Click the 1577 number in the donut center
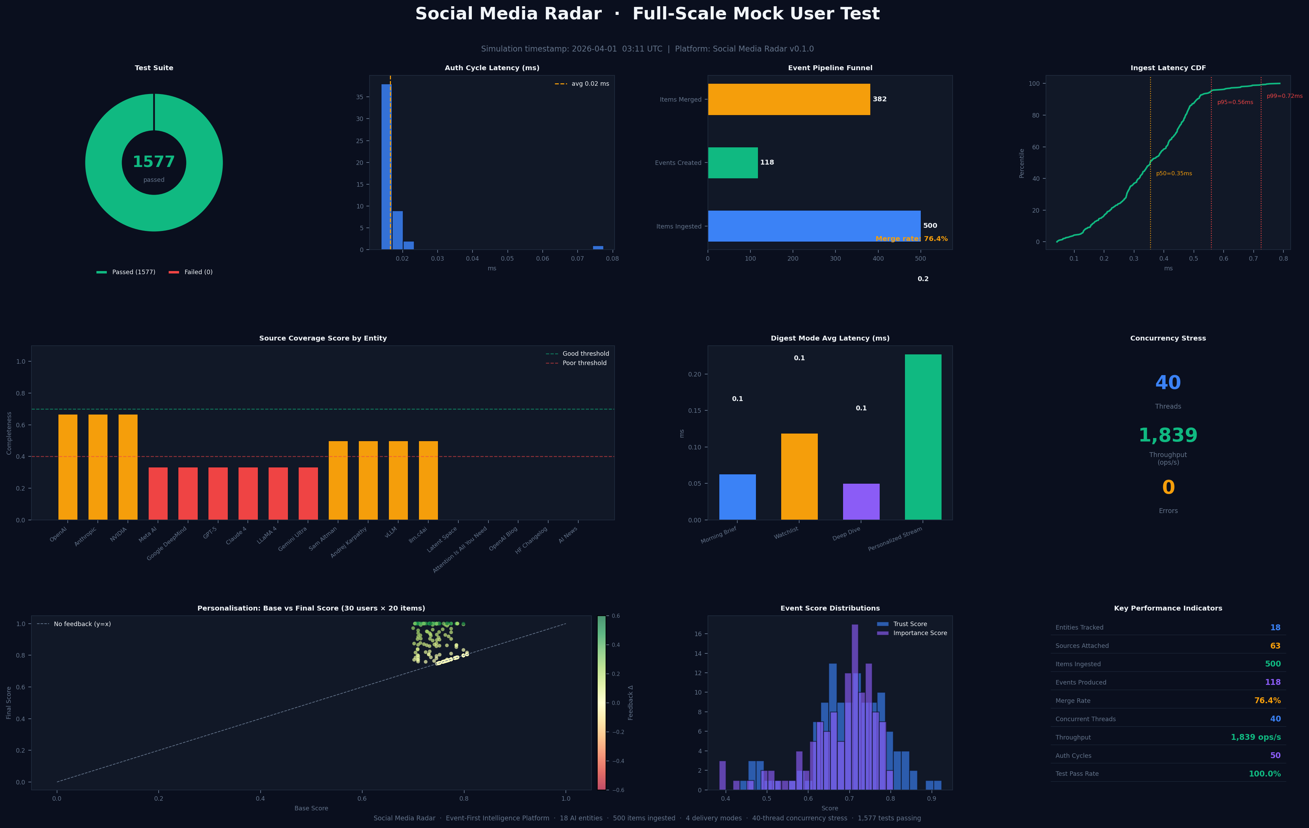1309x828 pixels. (x=154, y=162)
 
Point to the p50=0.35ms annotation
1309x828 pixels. (x=1174, y=174)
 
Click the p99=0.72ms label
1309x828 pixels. (x=1284, y=96)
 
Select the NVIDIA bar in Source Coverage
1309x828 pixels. (x=128, y=467)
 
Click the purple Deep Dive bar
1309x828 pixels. (x=861, y=501)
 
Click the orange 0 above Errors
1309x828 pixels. (x=1168, y=487)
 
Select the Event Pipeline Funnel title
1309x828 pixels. (x=830, y=68)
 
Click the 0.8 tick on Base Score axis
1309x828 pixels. (x=464, y=799)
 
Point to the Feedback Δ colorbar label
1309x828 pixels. (x=630, y=703)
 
